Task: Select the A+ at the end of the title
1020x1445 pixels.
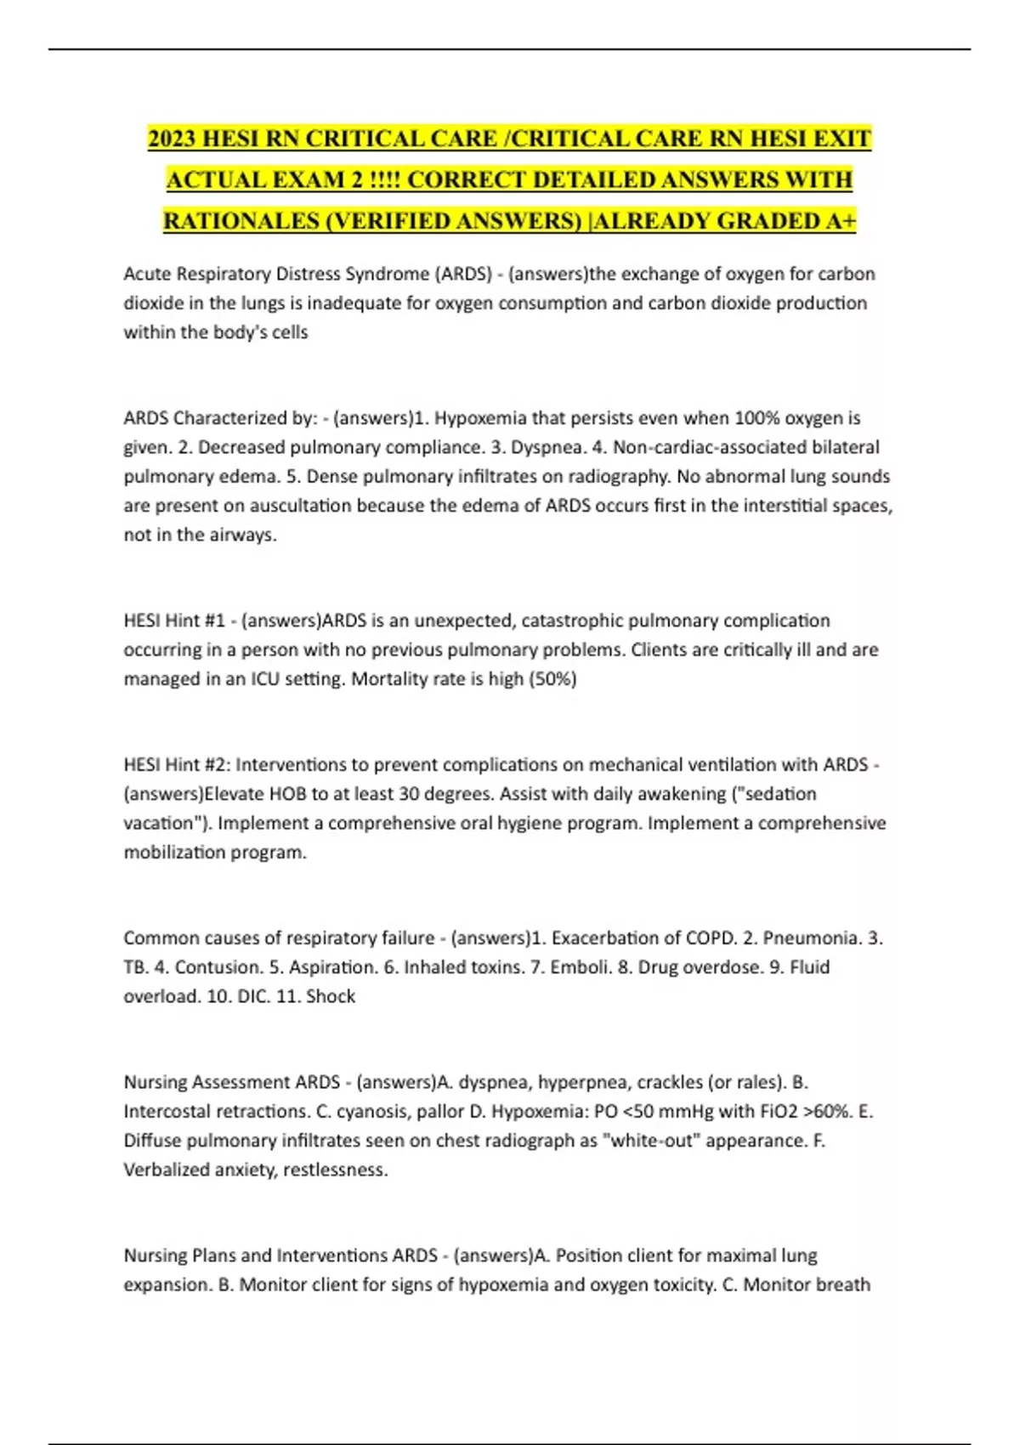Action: pyautogui.click(x=840, y=221)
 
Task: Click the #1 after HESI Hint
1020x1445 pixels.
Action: pyautogui.click(x=214, y=620)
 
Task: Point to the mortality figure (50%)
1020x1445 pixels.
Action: pyautogui.click(x=552, y=679)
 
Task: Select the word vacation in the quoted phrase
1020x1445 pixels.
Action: pyautogui.click(x=159, y=823)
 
